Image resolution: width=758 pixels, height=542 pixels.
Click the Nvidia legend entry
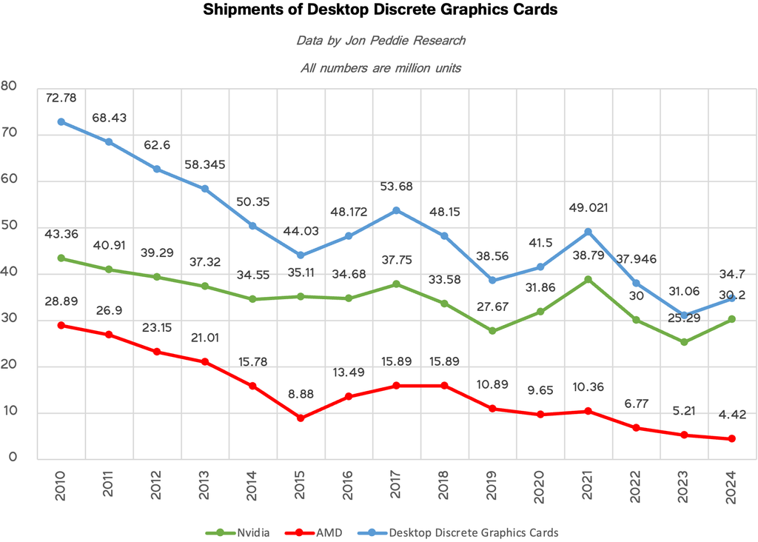click(x=238, y=532)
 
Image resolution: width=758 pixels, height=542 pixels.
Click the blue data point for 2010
click(x=61, y=121)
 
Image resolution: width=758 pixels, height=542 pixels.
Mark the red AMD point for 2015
click(x=301, y=418)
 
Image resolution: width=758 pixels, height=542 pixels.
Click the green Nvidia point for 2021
click(x=588, y=279)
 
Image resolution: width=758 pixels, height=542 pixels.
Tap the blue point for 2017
click(x=396, y=210)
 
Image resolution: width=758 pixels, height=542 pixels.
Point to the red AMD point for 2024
click(x=732, y=439)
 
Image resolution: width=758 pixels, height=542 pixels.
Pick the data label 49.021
click(x=588, y=208)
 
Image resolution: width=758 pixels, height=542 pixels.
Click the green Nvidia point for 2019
click(x=492, y=331)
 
